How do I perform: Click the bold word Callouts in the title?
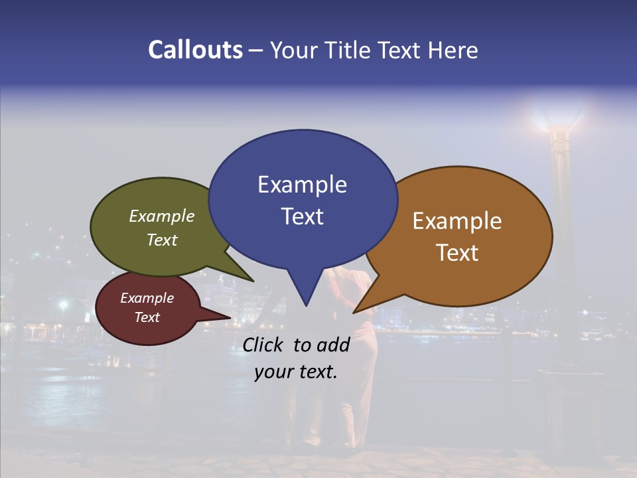(x=195, y=50)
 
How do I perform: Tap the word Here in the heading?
(x=453, y=50)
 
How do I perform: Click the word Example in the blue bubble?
(x=302, y=185)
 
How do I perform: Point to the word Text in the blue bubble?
(x=302, y=216)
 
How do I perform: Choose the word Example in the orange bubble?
(x=457, y=221)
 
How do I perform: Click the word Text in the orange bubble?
(x=457, y=253)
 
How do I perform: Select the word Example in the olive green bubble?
(x=162, y=216)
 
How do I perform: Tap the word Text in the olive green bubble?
(x=162, y=240)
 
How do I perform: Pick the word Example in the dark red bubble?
(x=147, y=298)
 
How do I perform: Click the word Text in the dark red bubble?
(x=147, y=317)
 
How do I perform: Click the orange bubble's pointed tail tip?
(x=355, y=311)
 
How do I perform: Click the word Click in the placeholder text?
(x=264, y=345)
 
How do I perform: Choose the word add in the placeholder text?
(x=334, y=345)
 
